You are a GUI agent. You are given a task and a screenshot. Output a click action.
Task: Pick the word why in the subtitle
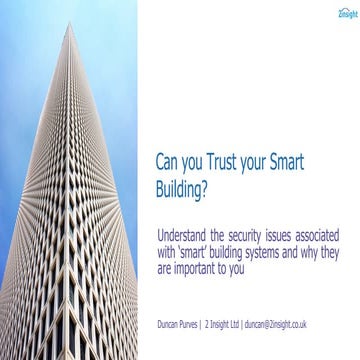(x=318, y=224)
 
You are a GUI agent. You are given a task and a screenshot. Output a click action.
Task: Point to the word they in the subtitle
(x=340, y=224)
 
